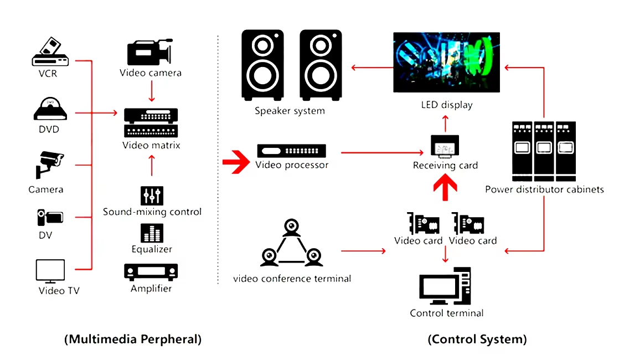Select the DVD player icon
pyautogui.click(x=50, y=109)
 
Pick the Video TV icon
pyautogui.click(x=50, y=271)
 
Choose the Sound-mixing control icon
pyautogui.click(x=152, y=195)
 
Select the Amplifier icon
pyautogui.click(x=151, y=271)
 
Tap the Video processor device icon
pyautogui.click(x=291, y=151)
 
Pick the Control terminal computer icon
pyautogui.click(x=446, y=286)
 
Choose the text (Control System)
pyautogui.click(x=477, y=339)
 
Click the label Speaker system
pyautogui.click(x=290, y=111)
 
